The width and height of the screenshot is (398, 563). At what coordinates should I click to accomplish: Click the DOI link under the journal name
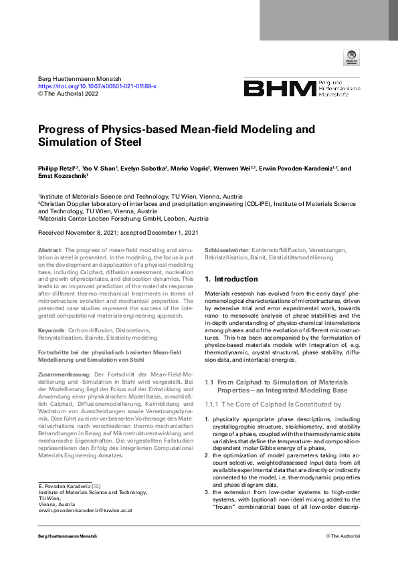pos(97,86)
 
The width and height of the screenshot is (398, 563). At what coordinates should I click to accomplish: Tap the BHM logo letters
pos(279,89)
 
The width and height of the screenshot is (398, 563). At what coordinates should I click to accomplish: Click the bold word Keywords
pos(52,330)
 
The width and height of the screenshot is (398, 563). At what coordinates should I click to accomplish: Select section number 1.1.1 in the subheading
pos(212,404)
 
